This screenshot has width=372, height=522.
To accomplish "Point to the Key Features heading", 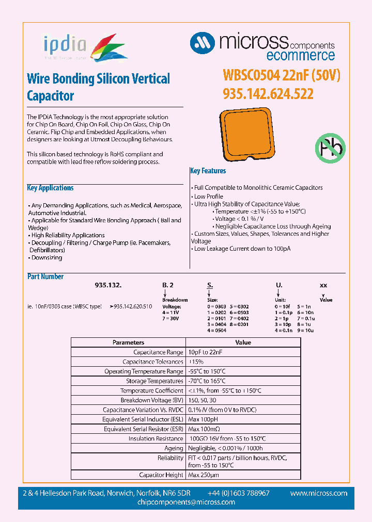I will coord(208,171).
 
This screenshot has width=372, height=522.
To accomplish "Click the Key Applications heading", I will coord(50,188).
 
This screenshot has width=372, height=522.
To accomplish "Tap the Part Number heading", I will coord(45,276).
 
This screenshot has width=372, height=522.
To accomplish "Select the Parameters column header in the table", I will coord(128,342).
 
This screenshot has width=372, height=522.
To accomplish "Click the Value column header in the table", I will coord(243,342).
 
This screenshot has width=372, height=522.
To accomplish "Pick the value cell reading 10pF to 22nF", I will coord(207,352).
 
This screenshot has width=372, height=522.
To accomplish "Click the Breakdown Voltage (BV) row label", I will coord(151,400).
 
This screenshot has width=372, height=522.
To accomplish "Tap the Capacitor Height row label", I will coord(161,475).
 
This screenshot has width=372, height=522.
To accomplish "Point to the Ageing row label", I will coord(174,448).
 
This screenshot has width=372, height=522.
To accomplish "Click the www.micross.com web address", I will coord(318,493).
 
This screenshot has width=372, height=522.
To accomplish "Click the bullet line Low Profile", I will coord(208,197).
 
